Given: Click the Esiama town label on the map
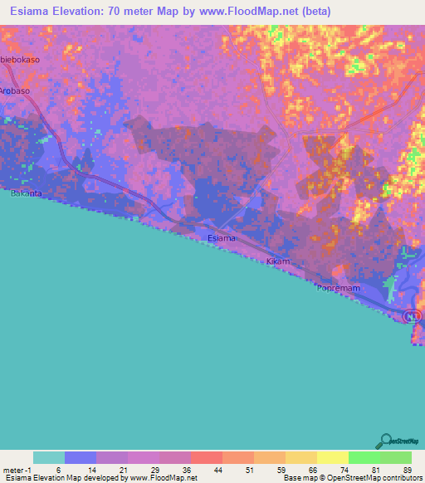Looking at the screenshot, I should (x=222, y=238).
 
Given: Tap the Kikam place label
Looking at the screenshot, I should (x=277, y=261).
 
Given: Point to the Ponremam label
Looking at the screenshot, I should (x=336, y=288).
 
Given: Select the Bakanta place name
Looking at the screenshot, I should (x=25, y=193).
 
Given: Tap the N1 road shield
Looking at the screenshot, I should (x=413, y=315).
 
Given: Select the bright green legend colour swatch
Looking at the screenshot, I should (x=363, y=457).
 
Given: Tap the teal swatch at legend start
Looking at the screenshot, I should (x=49, y=457).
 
